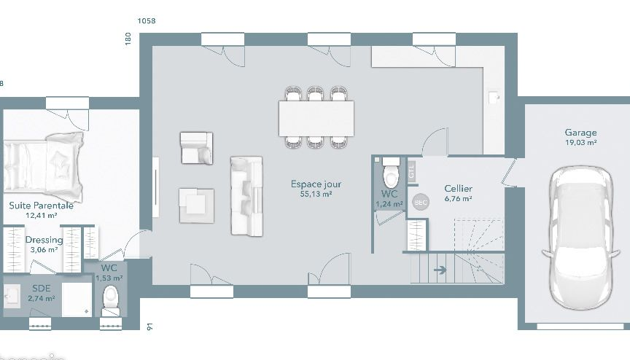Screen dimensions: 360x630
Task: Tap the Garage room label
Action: pyautogui.click(x=580, y=133)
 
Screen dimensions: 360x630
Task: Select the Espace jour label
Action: pyautogui.click(x=316, y=184)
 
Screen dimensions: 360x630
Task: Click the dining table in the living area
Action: pyautogui.click(x=316, y=118)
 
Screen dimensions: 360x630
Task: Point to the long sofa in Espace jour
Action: pyautogui.click(x=246, y=195)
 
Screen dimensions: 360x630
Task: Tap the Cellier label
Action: pyautogui.click(x=459, y=189)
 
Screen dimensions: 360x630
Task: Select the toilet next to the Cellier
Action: pyautogui.click(x=392, y=176)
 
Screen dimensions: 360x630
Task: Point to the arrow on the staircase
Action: pyautogui.click(x=440, y=270)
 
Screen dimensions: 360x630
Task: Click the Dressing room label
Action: pyautogui.click(x=44, y=240)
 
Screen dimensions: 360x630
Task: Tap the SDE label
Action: pyautogui.click(x=41, y=288)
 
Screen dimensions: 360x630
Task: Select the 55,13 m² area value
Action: pyautogui.click(x=316, y=195)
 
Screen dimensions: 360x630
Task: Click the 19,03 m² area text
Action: pyautogui.click(x=580, y=143)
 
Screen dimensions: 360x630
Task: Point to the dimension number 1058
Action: pyautogui.click(x=147, y=21)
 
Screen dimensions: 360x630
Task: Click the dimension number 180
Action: pyautogui.click(x=128, y=39)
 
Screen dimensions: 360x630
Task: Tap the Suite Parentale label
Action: pyautogui.click(x=41, y=206)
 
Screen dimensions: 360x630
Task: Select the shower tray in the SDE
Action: pyautogui.click(x=77, y=300)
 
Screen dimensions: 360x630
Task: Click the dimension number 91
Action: pyautogui.click(x=150, y=326)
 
